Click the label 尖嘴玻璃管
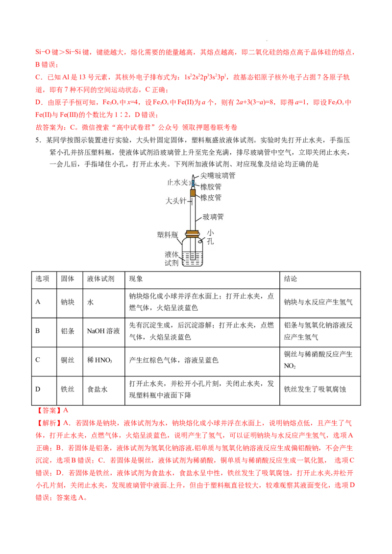point(218,175)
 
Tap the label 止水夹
point(177,182)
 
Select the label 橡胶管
point(211,186)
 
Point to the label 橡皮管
point(211,197)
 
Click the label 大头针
point(176,201)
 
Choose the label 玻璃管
point(213,216)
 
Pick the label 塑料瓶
point(167,234)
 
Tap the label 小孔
point(210,237)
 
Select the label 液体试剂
point(171,258)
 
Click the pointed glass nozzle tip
point(193,177)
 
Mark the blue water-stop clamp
point(193,183)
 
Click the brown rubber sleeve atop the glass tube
point(193,192)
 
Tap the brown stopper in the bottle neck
point(193,232)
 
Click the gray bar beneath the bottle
point(192,268)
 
